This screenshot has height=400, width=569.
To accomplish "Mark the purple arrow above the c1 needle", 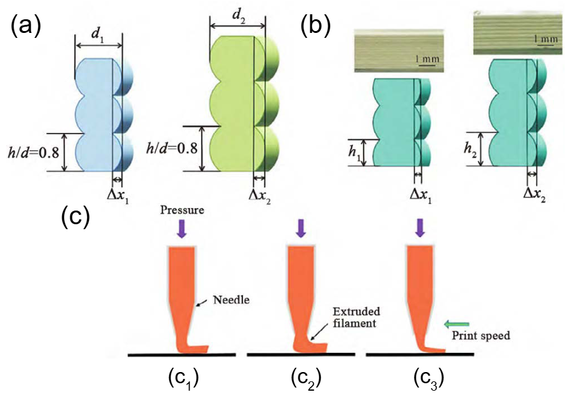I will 181,230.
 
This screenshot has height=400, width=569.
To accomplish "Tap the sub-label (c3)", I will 428,378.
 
